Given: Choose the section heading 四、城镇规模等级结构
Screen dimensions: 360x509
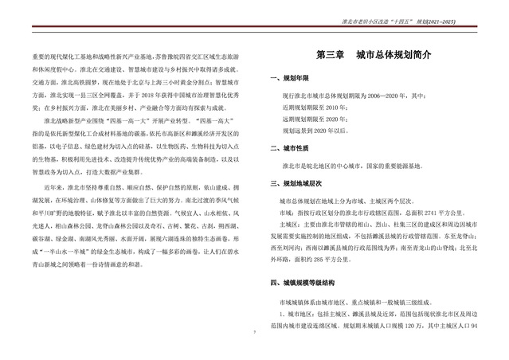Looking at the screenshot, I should (303, 283).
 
